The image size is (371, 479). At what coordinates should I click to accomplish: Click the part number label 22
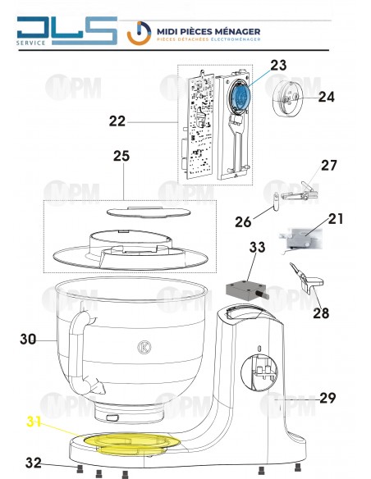[x=116, y=121]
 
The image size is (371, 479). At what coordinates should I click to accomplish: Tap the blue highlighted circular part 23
[x=240, y=97]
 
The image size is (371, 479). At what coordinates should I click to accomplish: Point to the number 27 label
[x=329, y=165]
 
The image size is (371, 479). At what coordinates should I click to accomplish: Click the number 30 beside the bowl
[x=28, y=338]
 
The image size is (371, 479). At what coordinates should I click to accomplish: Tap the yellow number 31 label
[x=33, y=422]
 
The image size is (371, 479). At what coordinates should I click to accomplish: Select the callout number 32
[x=32, y=462]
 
